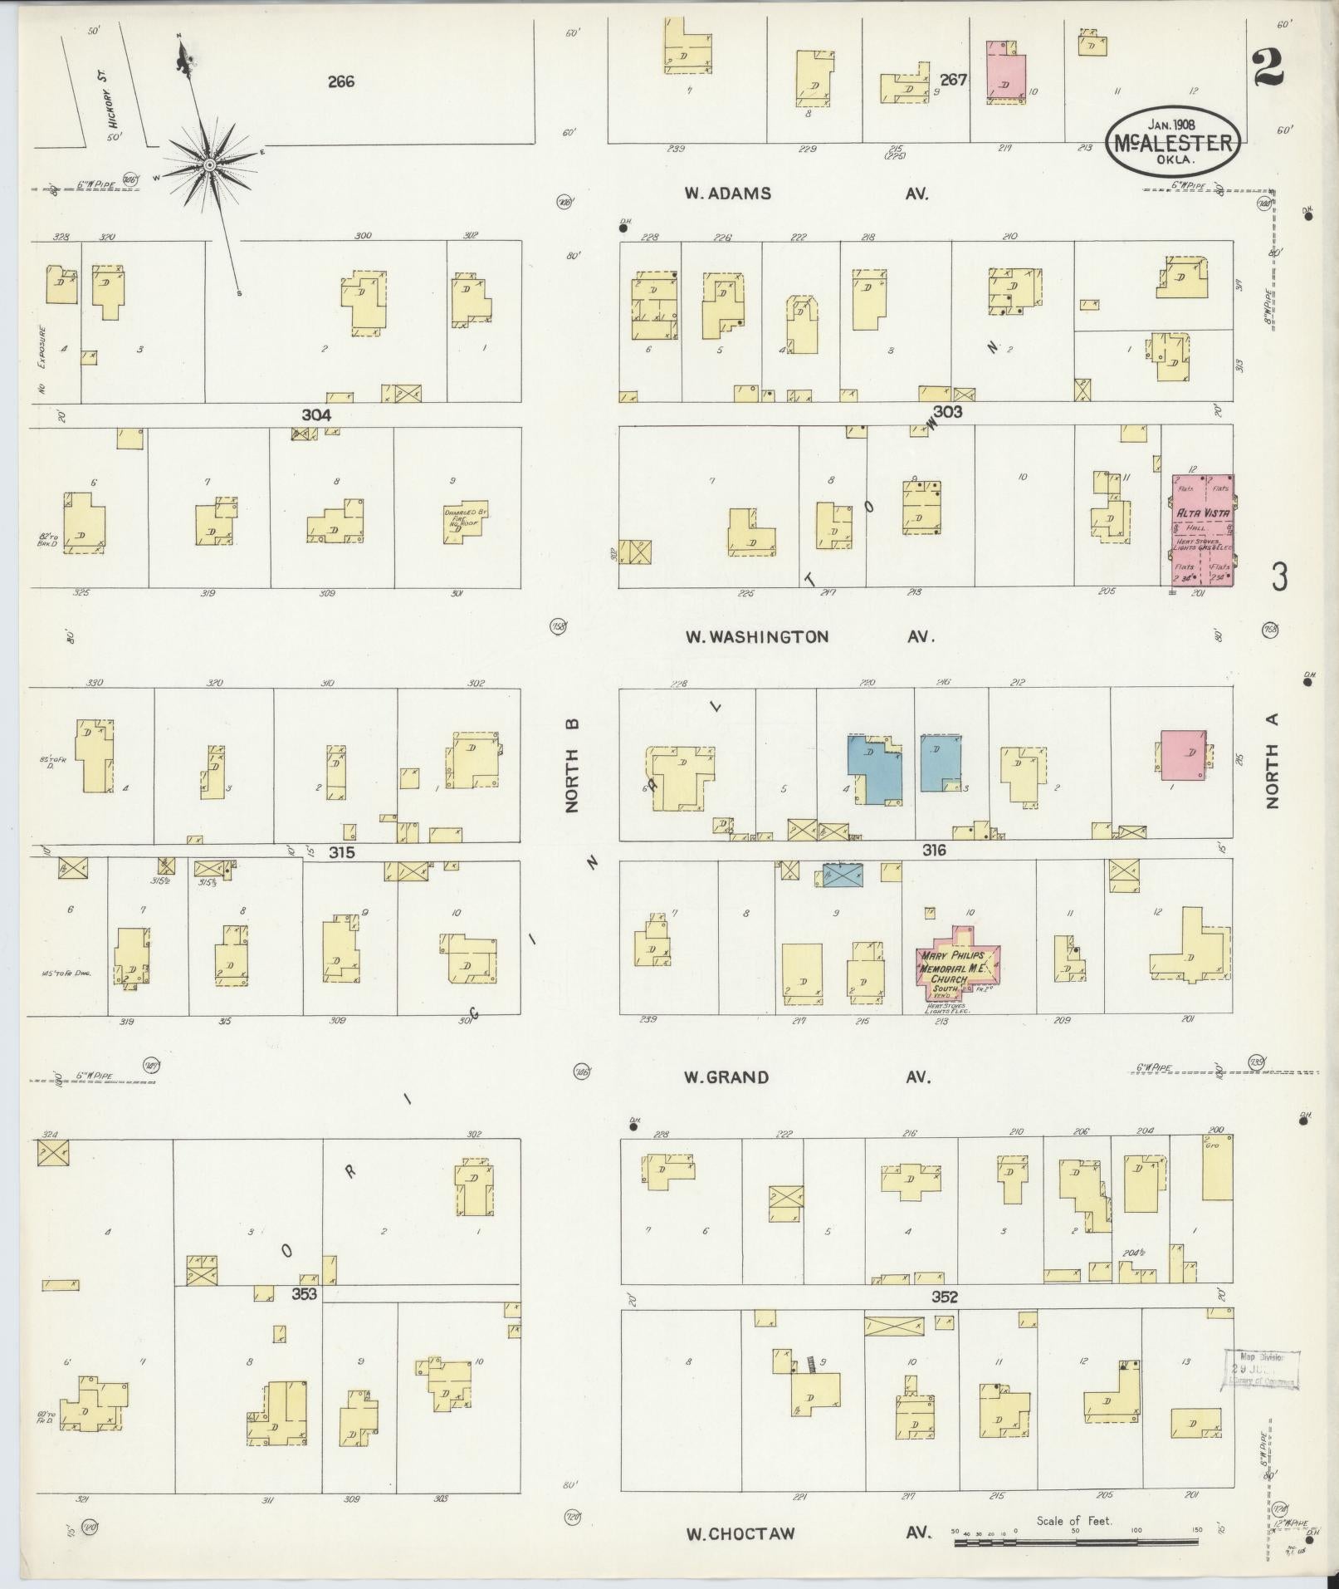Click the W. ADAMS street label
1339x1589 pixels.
728,194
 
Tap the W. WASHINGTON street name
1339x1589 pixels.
756,637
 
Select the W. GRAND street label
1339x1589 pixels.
726,1077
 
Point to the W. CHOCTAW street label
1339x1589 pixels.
740,1534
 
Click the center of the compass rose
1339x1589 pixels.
209,165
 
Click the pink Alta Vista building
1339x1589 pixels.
1202,530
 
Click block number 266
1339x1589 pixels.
340,81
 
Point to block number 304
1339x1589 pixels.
316,414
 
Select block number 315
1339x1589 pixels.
341,853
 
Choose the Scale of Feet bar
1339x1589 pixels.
1076,1542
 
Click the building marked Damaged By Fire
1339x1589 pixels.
465,522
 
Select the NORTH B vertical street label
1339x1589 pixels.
572,766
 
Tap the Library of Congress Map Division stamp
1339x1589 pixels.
1260,1370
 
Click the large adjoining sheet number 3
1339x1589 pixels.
1279,576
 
